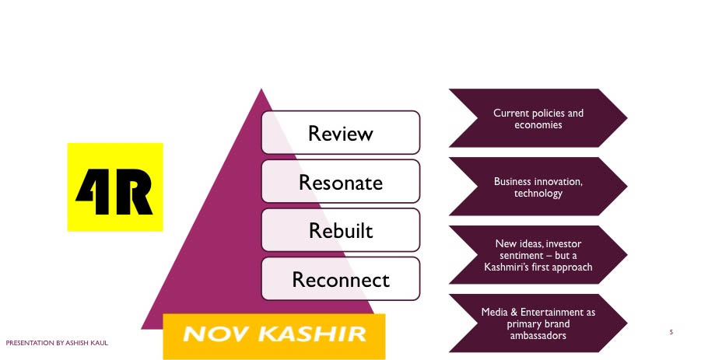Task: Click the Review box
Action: click(340, 132)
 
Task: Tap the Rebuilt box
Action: click(340, 230)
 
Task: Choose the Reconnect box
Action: click(340, 278)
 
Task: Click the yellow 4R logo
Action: click(115, 187)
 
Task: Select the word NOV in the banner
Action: click(215, 334)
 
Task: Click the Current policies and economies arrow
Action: click(538, 118)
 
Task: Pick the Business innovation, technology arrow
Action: click(538, 187)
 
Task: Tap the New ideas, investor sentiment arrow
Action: click(538, 255)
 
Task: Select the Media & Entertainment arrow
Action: click(538, 323)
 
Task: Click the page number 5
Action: click(671, 333)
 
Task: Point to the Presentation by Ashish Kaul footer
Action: click(58, 342)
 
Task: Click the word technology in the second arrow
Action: click(538, 193)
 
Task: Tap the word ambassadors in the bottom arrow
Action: click(538, 336)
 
